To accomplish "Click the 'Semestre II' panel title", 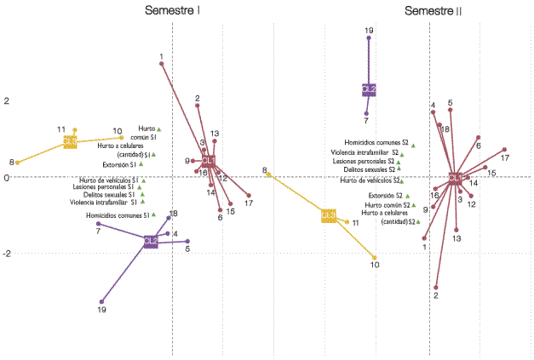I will pos(434,11).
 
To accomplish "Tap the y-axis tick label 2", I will pos(6,100).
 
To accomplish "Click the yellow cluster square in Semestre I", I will pos(71,142).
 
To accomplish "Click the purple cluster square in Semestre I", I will pos(151,242).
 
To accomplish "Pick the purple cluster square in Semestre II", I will pos(369,89).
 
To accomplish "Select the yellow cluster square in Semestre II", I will pos(329,215).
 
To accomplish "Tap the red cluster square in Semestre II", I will pos(456,179).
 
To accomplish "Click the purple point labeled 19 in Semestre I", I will pos(102,301).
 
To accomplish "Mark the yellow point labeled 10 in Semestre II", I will pos(375,257).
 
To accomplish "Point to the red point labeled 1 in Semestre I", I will pos(162,64).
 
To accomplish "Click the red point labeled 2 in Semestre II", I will pos(436,288).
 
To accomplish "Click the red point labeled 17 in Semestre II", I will pos(504,150).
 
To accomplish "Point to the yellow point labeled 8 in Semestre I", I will pos(17,163).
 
